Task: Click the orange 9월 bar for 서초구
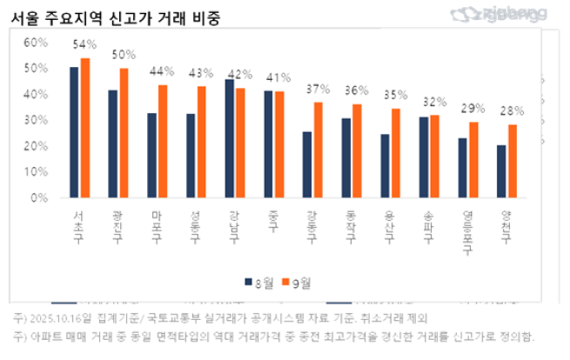pyautogui.click(x=85, y=128)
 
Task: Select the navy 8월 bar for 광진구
pyautogui.click(x=113, y=143)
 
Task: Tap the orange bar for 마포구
pyautogui.click(x=163, y=141)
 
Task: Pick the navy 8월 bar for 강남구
pyautogui.click(x=230, y=138)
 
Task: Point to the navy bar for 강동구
pyautogui.click(x=307, y=164)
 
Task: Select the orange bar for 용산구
pyautogui.click(x=396, y=153)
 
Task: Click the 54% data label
pyautogui.click(x=84, y=44)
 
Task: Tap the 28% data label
pyautogui.click(x=512, y=111)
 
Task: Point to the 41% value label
pyautogui.click(x=279, y=77)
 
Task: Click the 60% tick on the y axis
pyautogui.click(x=36, y=42)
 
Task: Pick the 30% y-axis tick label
pyautogui.click(x=36, y=120)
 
